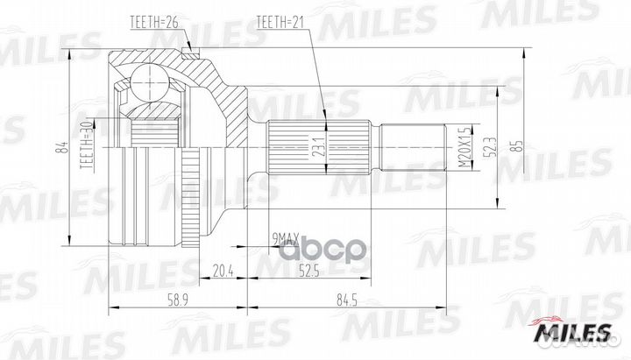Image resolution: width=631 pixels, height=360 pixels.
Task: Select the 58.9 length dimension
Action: (178, 300)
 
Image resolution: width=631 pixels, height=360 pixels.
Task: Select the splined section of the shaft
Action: (298, 146)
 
